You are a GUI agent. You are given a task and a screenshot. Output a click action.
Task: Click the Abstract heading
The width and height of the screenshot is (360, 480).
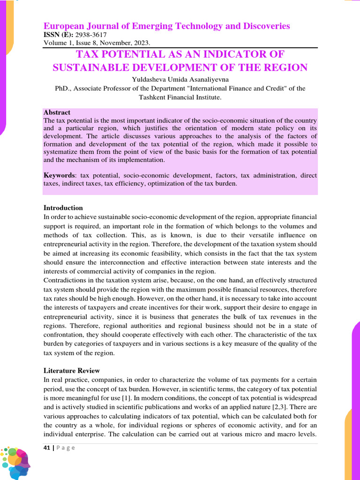[57, 112]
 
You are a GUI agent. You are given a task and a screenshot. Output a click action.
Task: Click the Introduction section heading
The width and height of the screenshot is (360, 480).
[63, 208]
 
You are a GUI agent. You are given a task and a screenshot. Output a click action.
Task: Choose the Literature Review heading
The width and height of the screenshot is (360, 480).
[71, 370]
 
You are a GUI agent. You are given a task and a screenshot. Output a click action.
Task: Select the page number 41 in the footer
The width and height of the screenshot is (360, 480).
[46, 448]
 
